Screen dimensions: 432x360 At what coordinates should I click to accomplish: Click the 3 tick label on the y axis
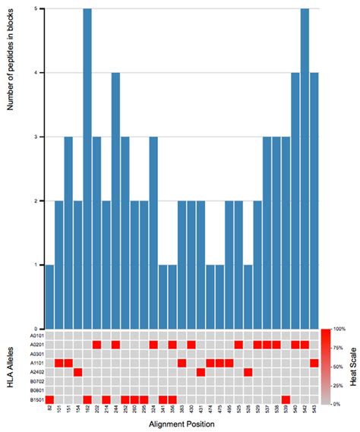36,137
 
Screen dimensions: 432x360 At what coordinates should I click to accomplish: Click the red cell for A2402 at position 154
78,372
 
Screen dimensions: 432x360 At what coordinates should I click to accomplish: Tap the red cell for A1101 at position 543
314,363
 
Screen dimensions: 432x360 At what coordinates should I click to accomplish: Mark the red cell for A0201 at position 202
97,345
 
